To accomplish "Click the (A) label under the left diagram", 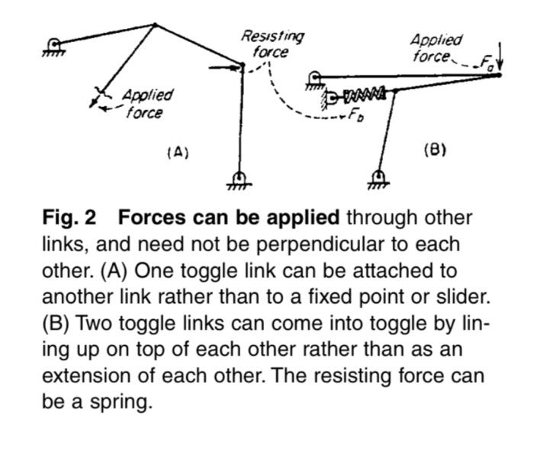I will (177, 152).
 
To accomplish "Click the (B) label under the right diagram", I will (434, 150).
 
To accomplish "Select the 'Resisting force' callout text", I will (272, 44).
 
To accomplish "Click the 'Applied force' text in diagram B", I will (436, 47).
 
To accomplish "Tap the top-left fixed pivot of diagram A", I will (55, 45).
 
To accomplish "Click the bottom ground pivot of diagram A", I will (240, 178).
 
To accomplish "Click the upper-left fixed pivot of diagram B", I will (314, 77).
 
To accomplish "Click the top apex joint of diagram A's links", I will (155, 24).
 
